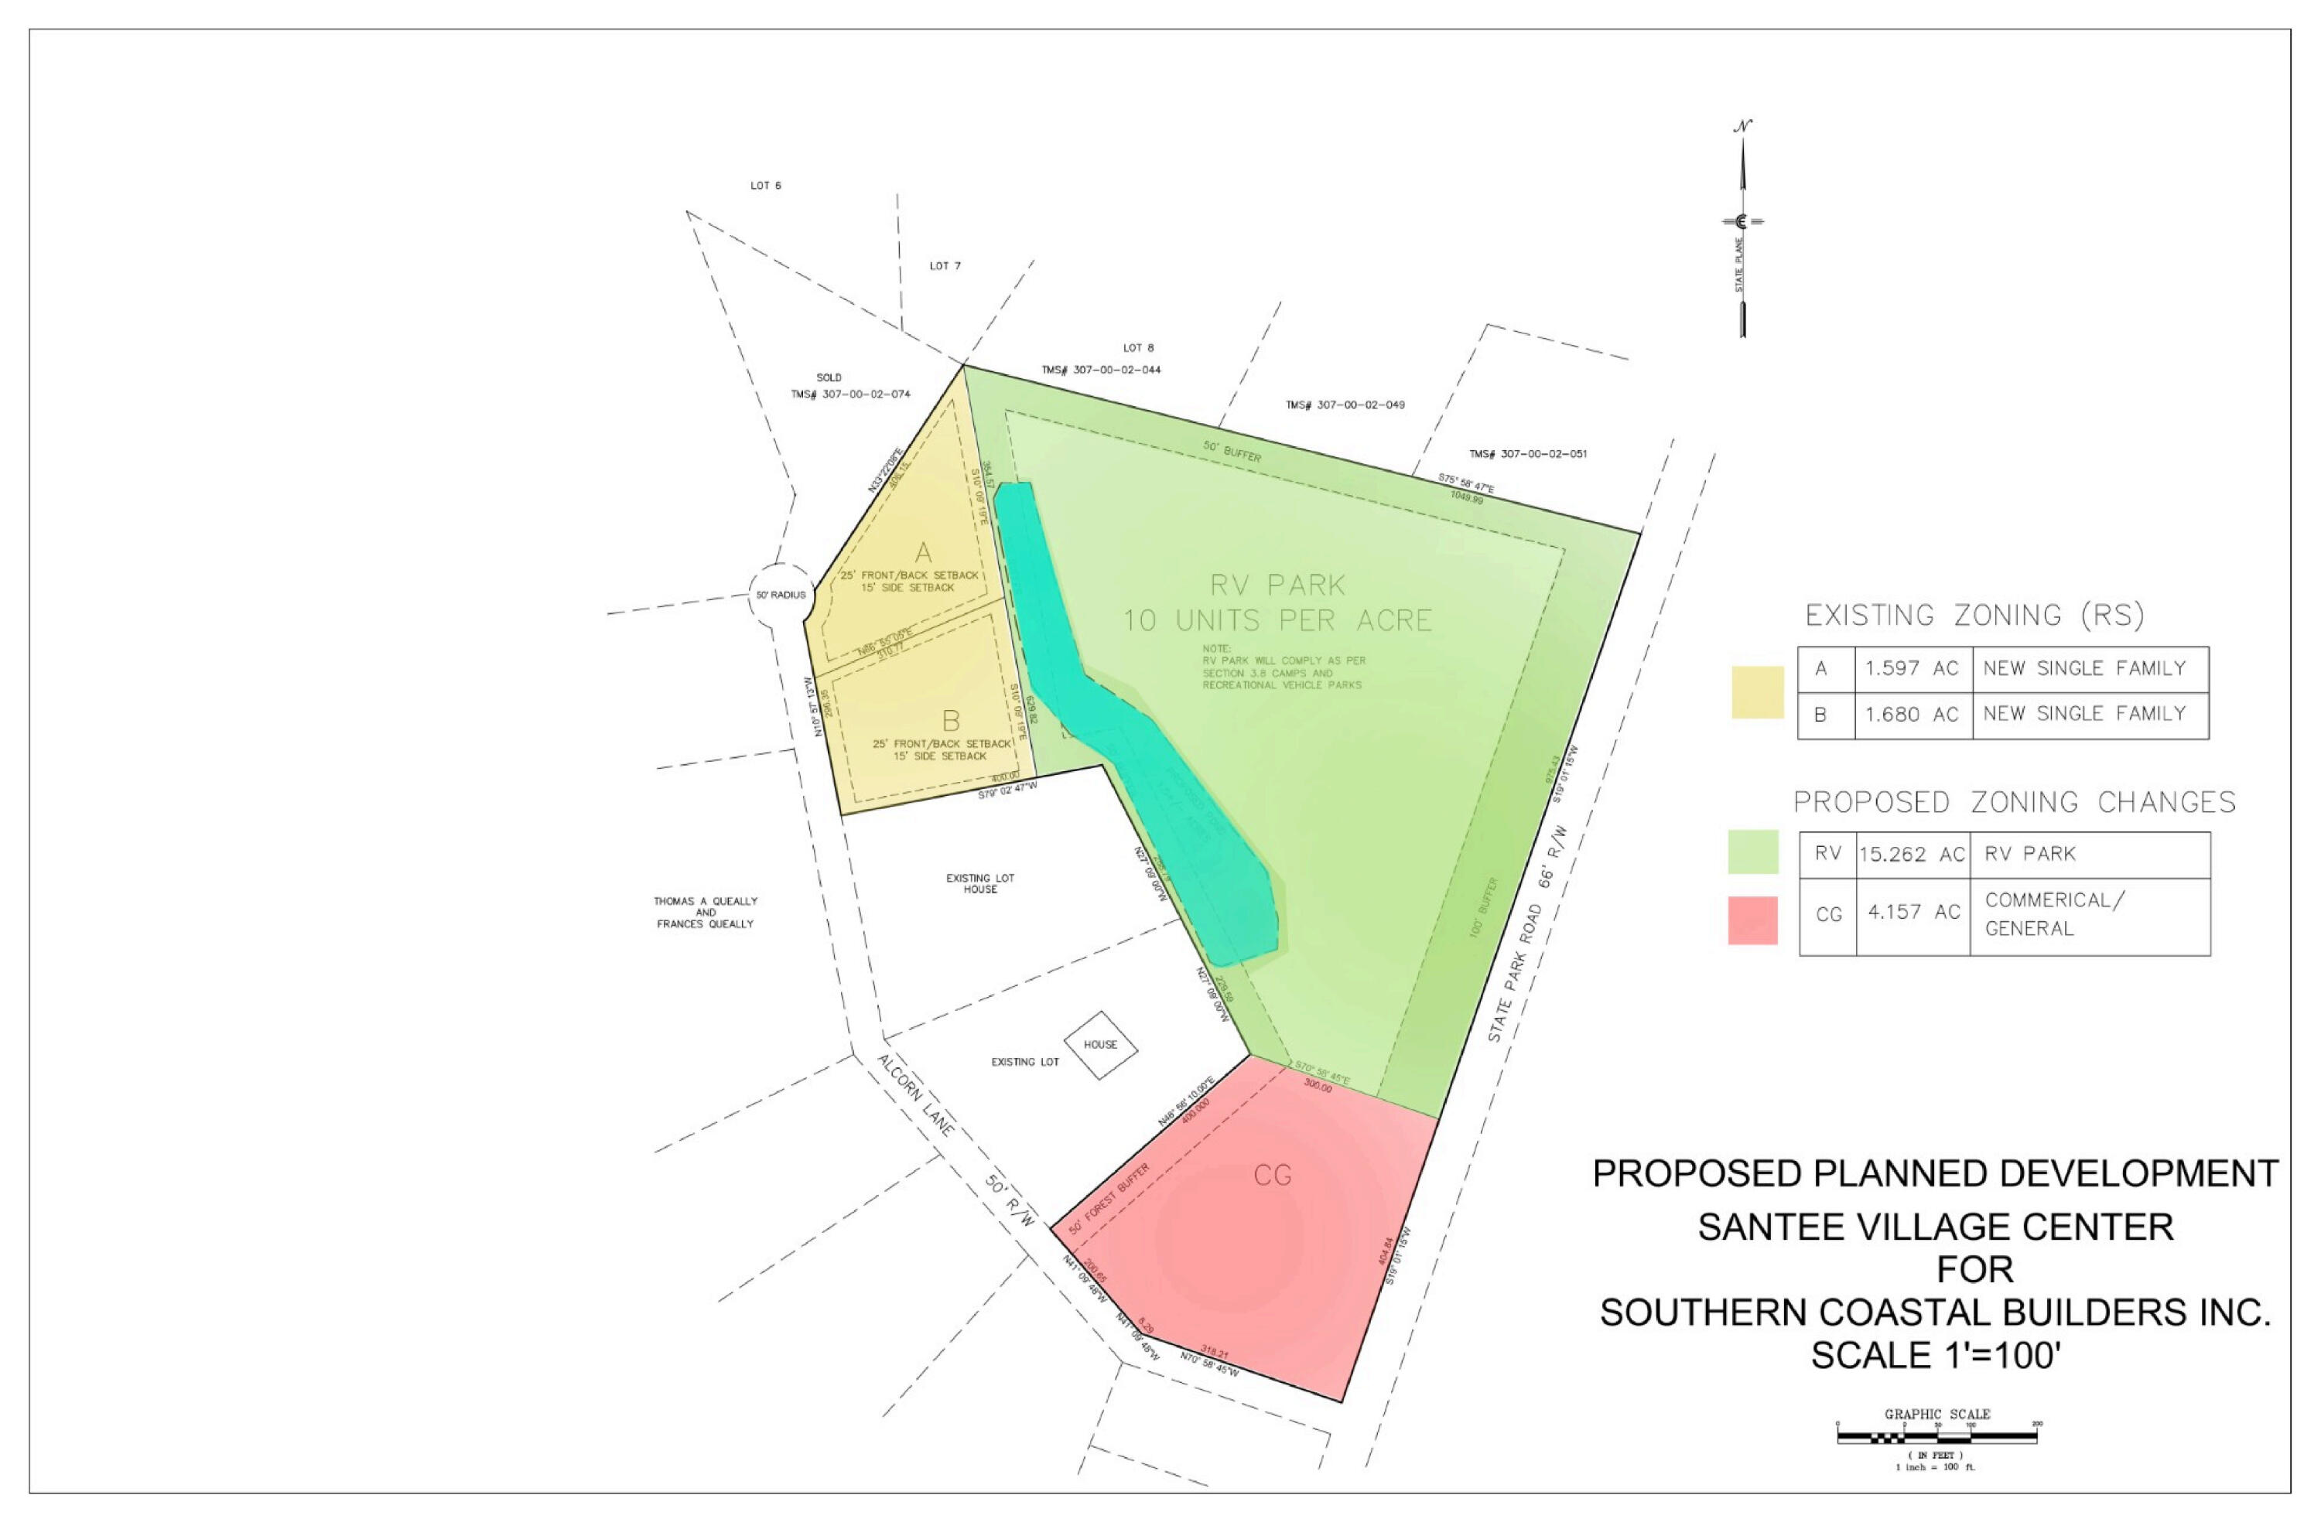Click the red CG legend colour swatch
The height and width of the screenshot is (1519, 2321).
click(x=1752, y=920)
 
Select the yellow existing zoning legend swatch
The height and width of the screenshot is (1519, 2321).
click(x=1757, y=692)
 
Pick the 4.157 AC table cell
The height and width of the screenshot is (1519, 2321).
click(x=1913, y=913)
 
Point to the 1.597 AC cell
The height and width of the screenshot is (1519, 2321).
click(x=1912, y=669)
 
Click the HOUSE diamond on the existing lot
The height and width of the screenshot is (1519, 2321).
click(x=1100, y=1045)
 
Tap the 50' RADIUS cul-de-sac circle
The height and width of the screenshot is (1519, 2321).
click(x=780, y=595)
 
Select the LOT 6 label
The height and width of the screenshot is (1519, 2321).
click(x=765, y=186)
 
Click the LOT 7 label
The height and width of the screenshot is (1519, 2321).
click(x=944, y=266)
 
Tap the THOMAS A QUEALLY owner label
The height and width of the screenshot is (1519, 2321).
click(x=705, y=902)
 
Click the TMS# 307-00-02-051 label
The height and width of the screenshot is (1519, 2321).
click(x=1527, y=453)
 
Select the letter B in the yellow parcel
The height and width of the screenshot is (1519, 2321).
click(x=951, y=722)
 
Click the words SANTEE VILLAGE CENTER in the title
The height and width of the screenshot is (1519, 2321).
click(x=1936, y=1227)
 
